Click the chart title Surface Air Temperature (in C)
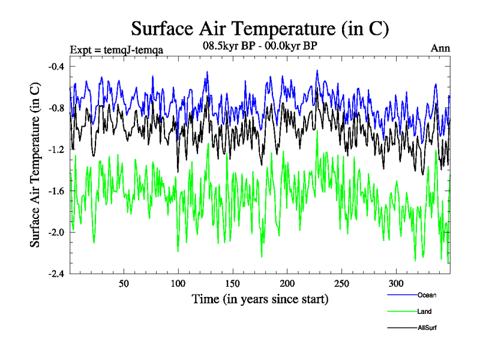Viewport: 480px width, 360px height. pos(260,28)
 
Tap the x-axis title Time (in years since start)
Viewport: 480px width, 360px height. pos(260,298)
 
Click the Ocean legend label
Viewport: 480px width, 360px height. pos(427,295)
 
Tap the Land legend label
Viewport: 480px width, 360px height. pos(425,311)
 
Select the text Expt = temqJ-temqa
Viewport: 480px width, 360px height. pos(116,49)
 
